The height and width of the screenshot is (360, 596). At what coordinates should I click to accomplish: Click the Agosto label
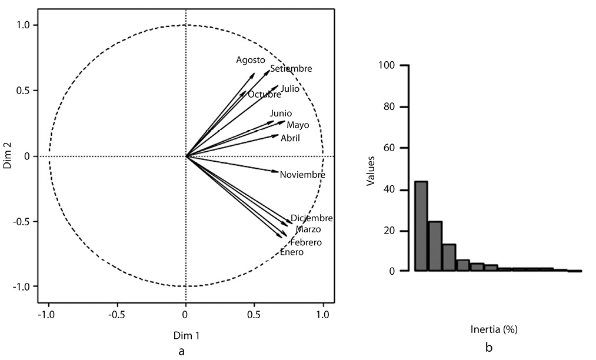[251, 60]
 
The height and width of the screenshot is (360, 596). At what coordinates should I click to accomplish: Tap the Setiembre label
[291, 69]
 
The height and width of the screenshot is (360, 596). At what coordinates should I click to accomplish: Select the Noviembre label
[302, 175]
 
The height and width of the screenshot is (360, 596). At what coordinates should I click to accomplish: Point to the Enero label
[292, 252]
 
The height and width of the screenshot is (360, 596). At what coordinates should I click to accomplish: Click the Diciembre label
[312, 218]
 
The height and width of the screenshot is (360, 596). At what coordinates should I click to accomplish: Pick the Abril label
[290, 138]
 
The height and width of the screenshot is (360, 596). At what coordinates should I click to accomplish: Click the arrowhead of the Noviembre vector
[277, 172]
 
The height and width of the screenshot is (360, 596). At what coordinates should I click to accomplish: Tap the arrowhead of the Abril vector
[277, 135]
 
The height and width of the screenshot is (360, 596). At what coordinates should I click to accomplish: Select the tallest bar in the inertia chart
[421, 226]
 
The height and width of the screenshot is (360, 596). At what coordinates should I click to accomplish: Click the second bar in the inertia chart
[435, 246]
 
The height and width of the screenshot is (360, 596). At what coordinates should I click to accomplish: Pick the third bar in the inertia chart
[449, 258]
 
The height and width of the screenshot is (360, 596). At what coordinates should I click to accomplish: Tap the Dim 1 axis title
[186, 335]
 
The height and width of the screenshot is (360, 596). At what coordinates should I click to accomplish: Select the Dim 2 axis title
[8, 156]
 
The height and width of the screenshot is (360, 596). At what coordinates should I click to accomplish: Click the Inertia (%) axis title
[494, 329]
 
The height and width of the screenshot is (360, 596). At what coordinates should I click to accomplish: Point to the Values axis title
[371, 168]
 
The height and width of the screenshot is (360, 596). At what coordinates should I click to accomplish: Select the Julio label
[289, 89]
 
